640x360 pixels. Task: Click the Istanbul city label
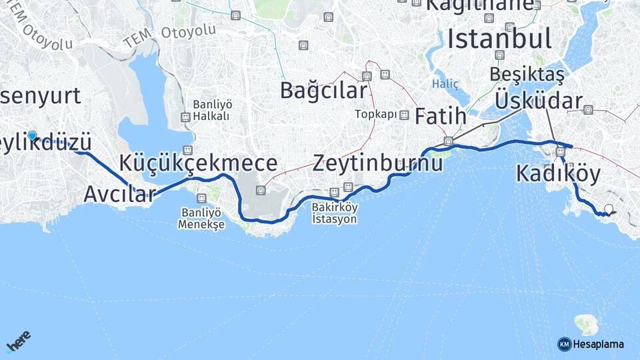coord(499,39)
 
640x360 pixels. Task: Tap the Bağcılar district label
coord(323,90)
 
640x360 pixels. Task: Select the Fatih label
coord(441,116)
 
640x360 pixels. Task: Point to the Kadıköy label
coord(558,174)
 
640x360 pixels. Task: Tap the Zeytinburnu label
coord(377,163)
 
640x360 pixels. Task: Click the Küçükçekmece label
coord(198,163)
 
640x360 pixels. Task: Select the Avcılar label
coord(119,194)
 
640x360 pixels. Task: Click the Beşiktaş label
coord(527,75)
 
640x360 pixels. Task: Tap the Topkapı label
coord(375,114)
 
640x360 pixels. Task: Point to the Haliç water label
coord(445,84)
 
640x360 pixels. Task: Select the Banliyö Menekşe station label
coord(201,218)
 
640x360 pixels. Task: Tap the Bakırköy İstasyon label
coord(335,213)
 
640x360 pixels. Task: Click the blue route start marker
coord(32,136)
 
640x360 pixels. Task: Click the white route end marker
coord(608,209)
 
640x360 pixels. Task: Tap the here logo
coord(19,341)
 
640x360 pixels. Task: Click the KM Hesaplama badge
coord(591,344)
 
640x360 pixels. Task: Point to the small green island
coord(586,325)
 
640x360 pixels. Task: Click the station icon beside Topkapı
coord(404,115)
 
